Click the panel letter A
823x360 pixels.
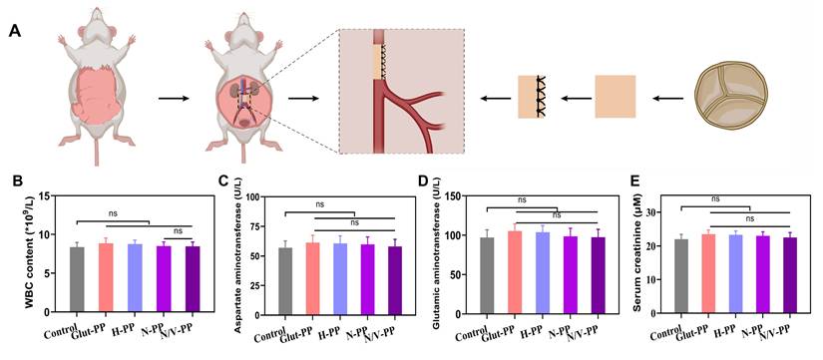point(15,30)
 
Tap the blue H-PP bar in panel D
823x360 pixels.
point(544,273)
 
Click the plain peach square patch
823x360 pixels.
point(616,98)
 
